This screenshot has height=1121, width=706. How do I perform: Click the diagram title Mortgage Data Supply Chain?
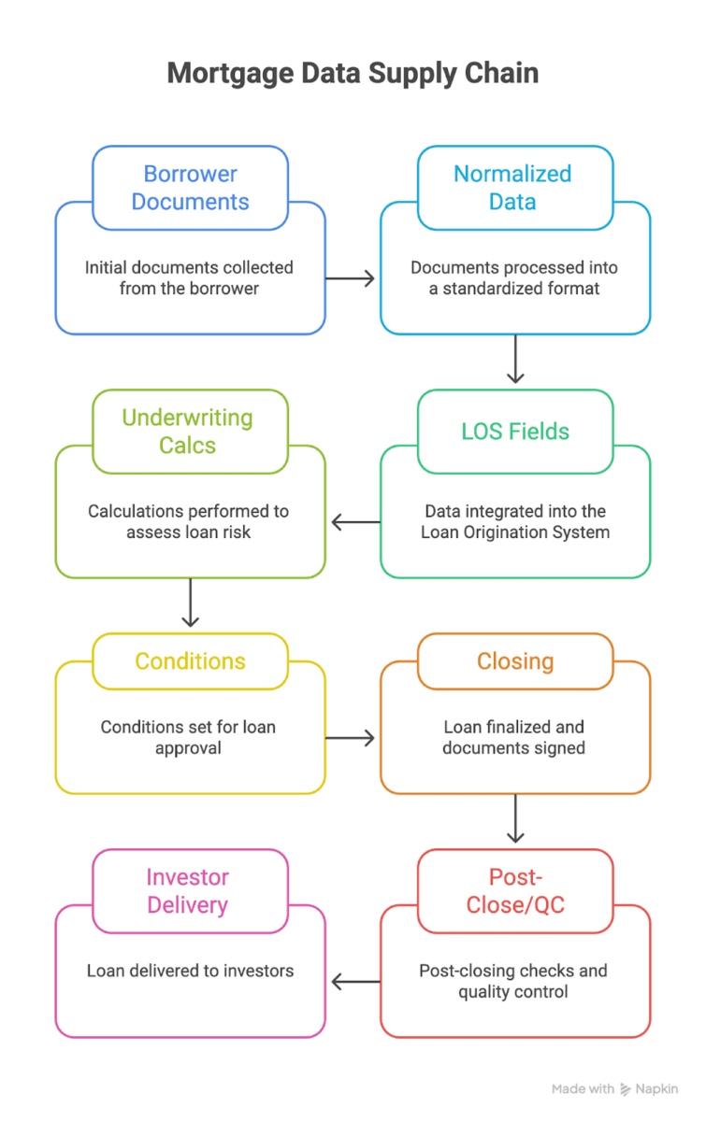point(353,74)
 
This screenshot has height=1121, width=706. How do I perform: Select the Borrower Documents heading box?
point(190,188)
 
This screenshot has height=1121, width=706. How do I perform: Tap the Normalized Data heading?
point(513,188)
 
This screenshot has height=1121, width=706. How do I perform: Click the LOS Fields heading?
point(515,432)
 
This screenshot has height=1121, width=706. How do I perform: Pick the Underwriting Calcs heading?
point(188,432)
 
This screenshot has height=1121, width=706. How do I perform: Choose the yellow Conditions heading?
point(190,661)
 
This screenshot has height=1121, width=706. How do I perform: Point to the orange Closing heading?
point(515,661)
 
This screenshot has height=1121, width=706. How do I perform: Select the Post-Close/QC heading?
point(514,891)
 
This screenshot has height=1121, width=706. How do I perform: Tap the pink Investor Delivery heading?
point(188,891)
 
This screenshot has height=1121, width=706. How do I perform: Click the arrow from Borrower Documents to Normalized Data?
point(351,278)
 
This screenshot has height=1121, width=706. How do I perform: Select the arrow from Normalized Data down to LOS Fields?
point(514,360)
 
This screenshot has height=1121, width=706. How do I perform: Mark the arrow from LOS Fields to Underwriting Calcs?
point(354,522)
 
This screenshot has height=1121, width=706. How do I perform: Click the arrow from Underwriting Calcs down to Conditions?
point(190,603)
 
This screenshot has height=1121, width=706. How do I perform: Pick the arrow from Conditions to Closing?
point(351,738)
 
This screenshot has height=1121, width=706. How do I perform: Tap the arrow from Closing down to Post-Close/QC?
point(514,819)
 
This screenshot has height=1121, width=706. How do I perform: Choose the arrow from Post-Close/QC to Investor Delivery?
point(354,982)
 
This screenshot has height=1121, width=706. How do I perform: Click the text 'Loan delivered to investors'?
point(190,971)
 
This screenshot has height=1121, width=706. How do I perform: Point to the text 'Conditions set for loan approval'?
point(189,738)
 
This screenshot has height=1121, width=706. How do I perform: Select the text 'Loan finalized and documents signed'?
point(513,738)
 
